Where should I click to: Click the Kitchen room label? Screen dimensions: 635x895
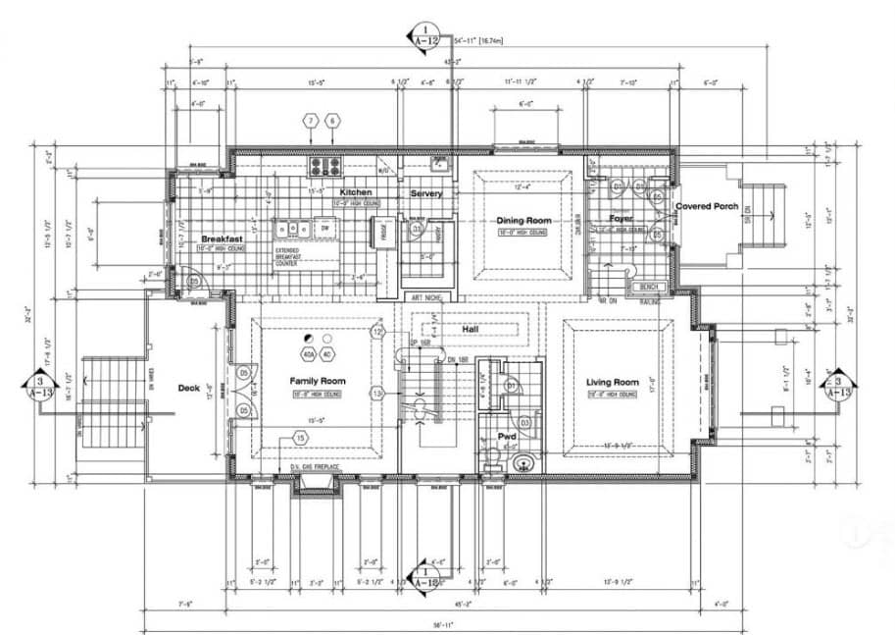(355, 192)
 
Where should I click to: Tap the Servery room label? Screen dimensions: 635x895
(426, 193)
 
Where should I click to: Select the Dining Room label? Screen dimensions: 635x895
(523, 221)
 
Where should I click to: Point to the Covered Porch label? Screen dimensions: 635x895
(707, 206)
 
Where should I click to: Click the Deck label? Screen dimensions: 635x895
(188, 388)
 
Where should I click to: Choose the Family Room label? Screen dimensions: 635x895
(318, 381)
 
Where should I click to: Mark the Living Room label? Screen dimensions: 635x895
(613, 382)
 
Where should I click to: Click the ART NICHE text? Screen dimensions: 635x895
(427, 297)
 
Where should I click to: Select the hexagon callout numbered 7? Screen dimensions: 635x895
(311, 121)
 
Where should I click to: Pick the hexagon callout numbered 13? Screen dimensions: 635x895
(377, 394)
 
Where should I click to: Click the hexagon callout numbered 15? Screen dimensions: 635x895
(300, 439)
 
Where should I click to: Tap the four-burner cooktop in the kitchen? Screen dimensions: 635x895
(324, 165)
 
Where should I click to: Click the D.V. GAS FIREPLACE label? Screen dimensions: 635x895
(318, 467)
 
